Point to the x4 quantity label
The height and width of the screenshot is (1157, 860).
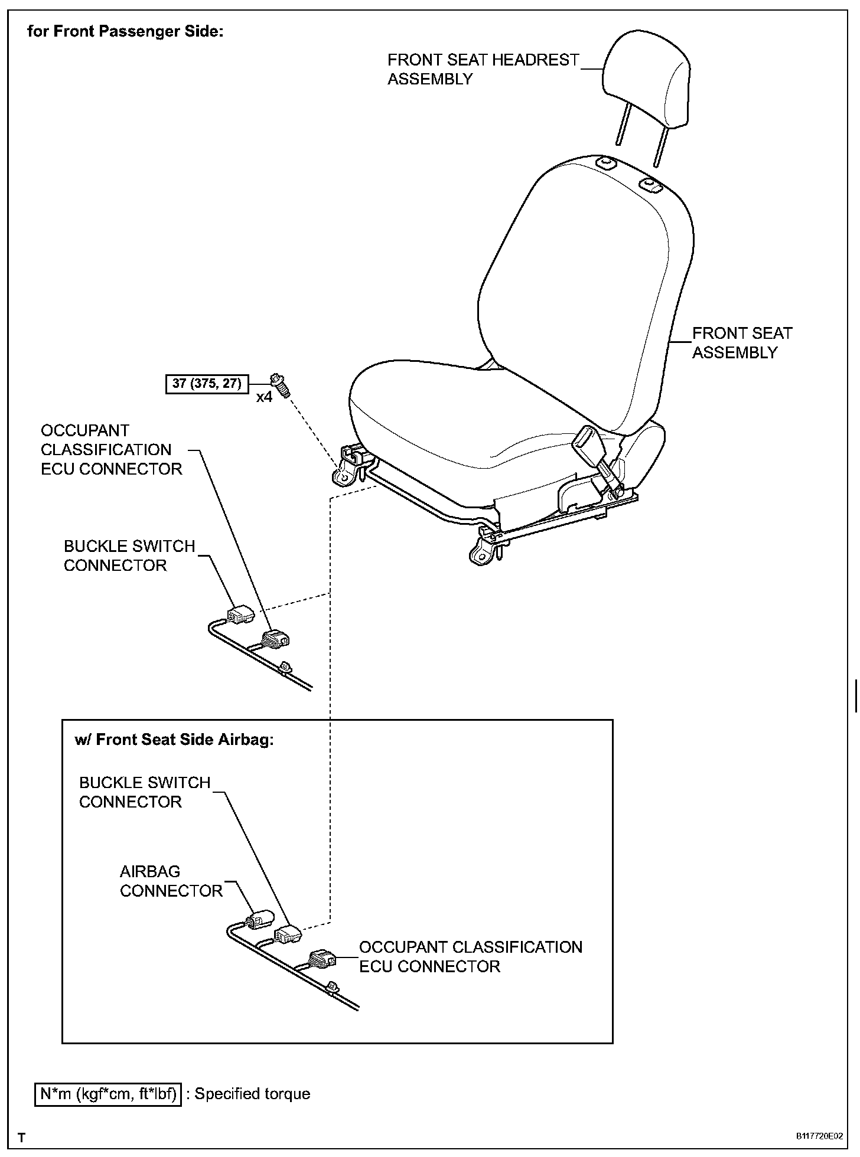pyautogui.click(x=264, y=397)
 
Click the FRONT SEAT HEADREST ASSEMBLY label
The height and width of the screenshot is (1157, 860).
pyautogui.click(x=483, y=69)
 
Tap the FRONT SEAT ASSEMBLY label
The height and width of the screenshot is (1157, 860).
pyautogui.click(x=741, y=343)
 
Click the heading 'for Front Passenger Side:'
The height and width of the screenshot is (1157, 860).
pyautogui.click(x=125, y=31)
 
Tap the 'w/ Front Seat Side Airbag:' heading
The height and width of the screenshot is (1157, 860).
pyautogui.click(x=174, y=740)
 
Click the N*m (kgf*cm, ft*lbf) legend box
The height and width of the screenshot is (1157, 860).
pyautogui.click(x=108, y=1094)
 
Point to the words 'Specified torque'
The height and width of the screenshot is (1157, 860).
pyautogui.click(x=252, y=1094)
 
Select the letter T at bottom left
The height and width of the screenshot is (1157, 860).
pyautogui.click(x=22, y=1136)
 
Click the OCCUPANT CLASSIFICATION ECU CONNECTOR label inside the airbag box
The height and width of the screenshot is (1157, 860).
pyautogui.click(x=470, y=956)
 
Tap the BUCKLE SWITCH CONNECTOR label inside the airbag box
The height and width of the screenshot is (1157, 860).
pyautogui.click(x=145, y=792)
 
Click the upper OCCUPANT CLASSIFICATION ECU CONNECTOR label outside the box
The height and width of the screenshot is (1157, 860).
pyautogui.click(x=111, y=450)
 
